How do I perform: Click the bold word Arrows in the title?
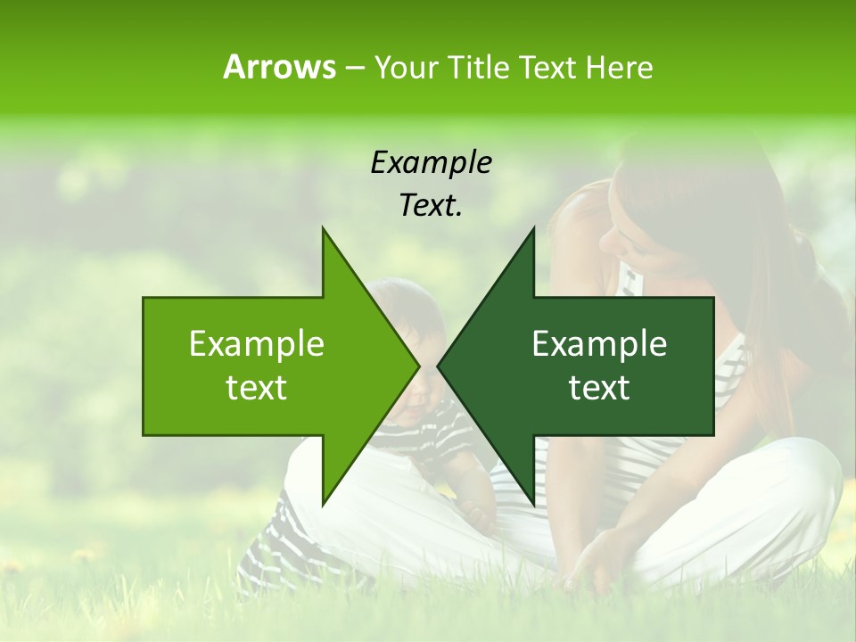(x=279, y=67)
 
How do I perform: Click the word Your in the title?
(x=407, y=67)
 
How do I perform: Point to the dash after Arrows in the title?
(x=354, y=68)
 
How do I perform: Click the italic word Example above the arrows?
(x=431, y=162)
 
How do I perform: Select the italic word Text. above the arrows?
(x=431, y=206)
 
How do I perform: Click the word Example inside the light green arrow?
(x=257, y=344)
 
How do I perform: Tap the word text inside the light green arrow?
(x=257, y=388)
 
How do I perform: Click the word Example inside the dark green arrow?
(x=599, y=344)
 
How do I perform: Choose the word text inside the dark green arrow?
(x=599, y=388)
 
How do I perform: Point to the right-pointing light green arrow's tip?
(x=418, y=366)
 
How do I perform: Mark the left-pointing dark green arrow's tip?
(x=438, y=366)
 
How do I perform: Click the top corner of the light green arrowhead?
(x=323, y=228)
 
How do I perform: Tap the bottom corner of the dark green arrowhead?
(x=533, y=504)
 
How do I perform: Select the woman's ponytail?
(x=816, y=285)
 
